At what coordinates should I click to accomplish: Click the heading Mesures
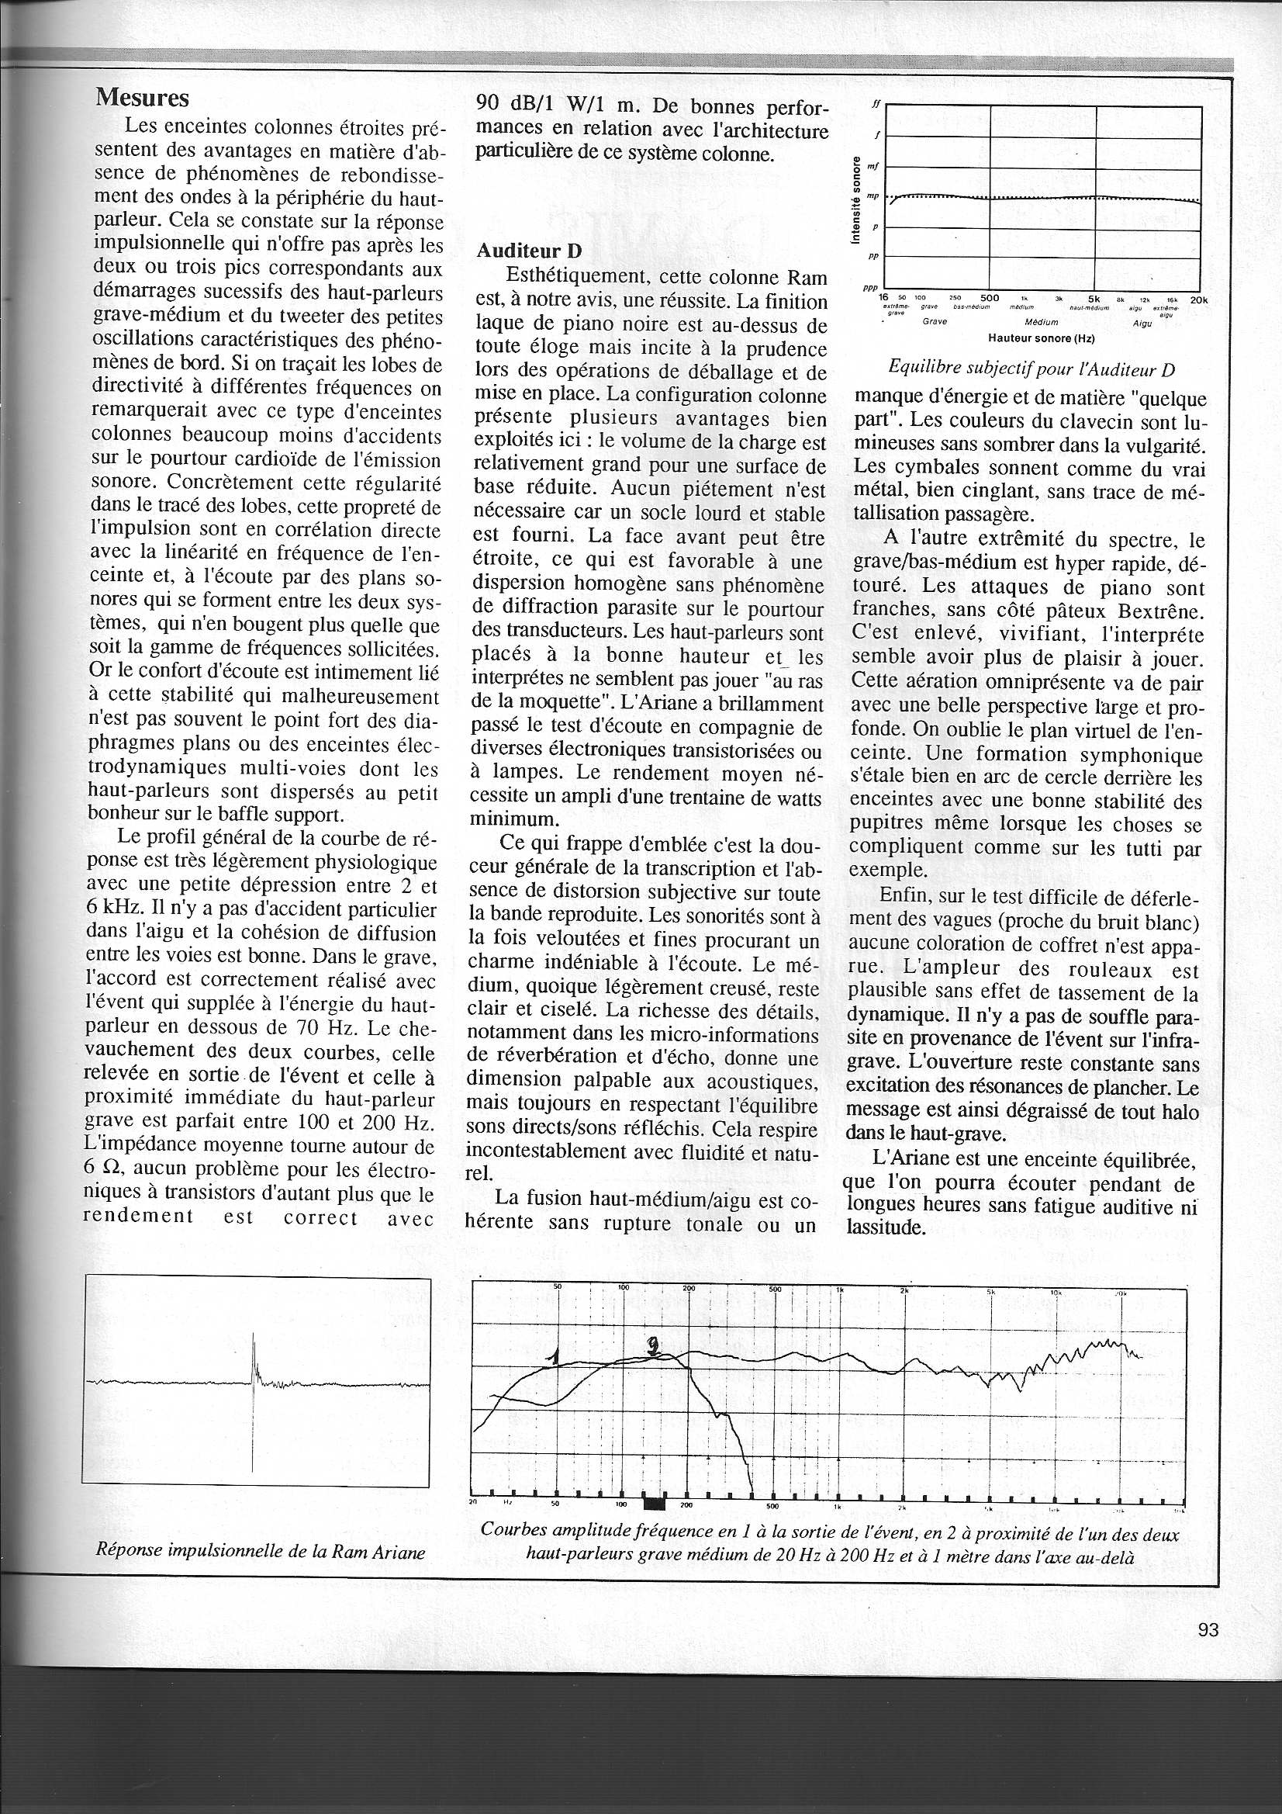pos(142,98)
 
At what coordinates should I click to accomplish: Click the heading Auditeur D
pos(528,251)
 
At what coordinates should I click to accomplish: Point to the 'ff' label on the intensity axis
pos(874,103)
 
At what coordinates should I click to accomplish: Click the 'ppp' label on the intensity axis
pos(872,289)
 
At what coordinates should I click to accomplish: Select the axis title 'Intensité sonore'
pos(858,201)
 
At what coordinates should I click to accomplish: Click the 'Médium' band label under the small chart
pos(1041,322)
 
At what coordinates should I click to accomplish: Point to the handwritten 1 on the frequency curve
pos(555,1357)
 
